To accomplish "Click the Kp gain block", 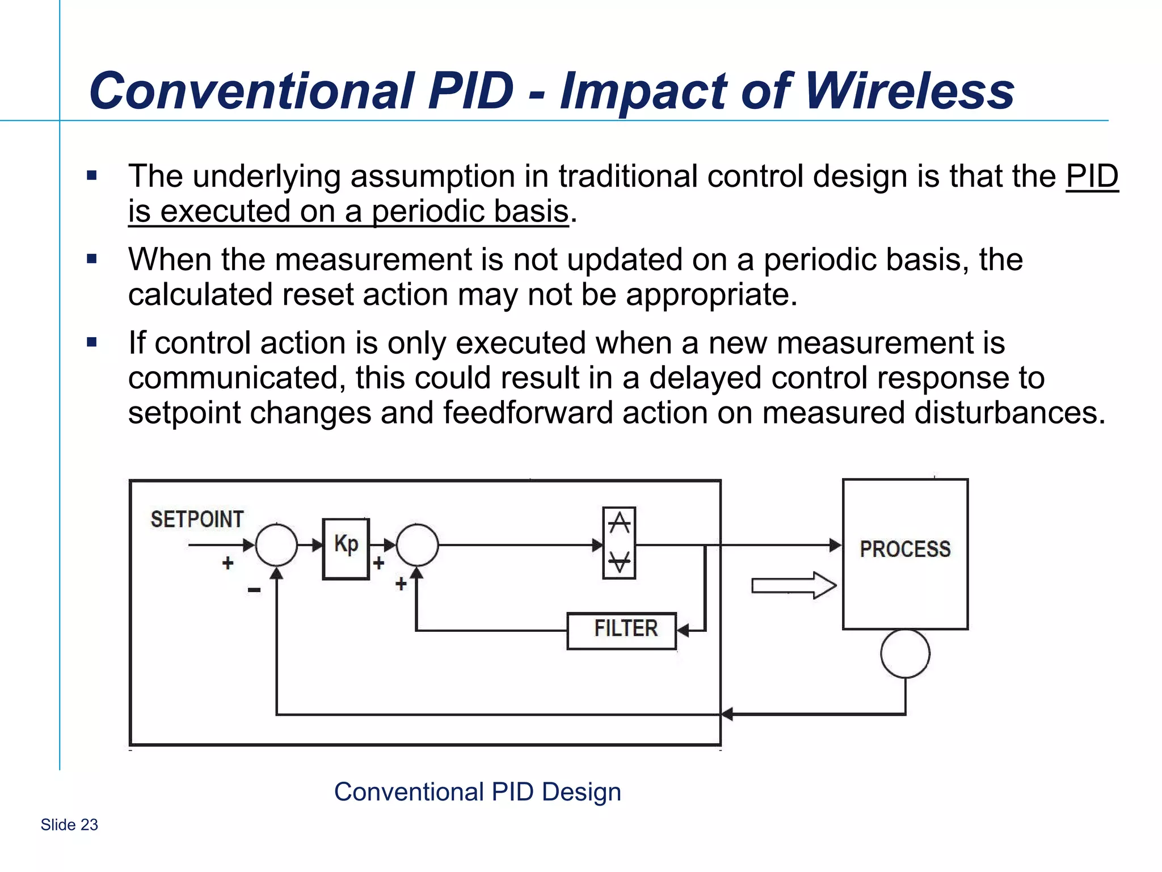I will point(346,548).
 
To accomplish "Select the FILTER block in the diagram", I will point(622,630).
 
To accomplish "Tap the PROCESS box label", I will point(905,549).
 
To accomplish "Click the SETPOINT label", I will point(197,519).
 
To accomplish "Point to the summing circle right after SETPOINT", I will point(276,545).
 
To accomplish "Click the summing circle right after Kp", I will point(417,545).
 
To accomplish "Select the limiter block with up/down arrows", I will point(619,543).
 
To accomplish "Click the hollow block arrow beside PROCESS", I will point(793,585).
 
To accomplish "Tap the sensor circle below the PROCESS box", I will point(905,653).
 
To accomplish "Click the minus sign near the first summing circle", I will point(254,590).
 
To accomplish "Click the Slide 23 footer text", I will point(69,824).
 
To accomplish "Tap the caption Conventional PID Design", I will point(477,791).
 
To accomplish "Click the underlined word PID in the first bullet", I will point(1092,176).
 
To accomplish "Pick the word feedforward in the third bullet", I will point(528,413).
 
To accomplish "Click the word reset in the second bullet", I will point(317,295).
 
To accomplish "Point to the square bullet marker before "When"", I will point(92,259).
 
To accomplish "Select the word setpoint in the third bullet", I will point(184,413).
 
